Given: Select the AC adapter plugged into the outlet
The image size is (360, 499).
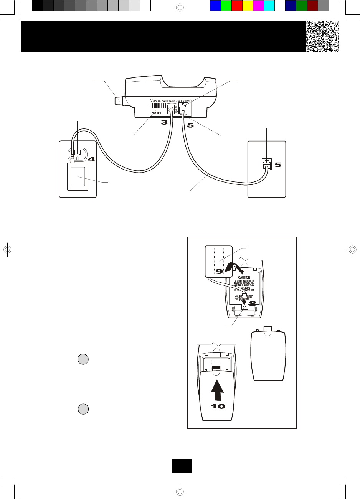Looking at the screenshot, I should [x=78, y=176].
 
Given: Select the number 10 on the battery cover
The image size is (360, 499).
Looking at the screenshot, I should [x=218, y=406].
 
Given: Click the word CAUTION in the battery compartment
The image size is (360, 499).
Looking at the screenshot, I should [x=244, y=277].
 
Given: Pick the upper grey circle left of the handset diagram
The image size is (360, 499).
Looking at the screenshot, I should [x=83, y=359].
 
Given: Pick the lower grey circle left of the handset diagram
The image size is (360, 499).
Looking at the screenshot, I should [x=83, y=409].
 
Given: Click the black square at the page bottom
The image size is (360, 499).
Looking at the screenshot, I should [x=182, y=466].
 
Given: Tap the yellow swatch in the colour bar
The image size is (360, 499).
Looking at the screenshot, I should [x=248, y=6].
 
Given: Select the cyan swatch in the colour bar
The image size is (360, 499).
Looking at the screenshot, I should [x=269, y=6].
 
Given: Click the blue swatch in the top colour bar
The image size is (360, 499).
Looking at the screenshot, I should [x=215, y=6].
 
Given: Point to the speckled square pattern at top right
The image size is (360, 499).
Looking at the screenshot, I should [x=322, y=36].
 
